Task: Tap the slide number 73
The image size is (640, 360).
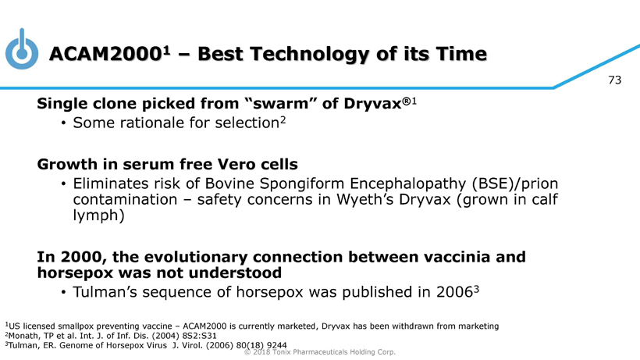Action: tap(614, 80)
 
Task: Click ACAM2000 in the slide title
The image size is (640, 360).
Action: tap(105, 54)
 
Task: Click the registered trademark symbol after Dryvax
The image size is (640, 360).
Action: tap(406, 101)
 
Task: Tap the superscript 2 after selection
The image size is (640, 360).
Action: tap(283, 120)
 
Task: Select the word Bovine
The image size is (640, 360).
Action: tap(229, 184)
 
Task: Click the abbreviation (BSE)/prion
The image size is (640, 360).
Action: tap(514, 184)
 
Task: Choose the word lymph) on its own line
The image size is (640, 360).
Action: tap(98, 216)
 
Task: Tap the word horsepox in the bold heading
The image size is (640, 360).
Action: tap(75, 273)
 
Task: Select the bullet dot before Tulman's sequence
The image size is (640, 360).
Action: tap(63, 293)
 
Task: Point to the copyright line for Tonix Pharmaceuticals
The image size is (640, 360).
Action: tap(319, 352)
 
